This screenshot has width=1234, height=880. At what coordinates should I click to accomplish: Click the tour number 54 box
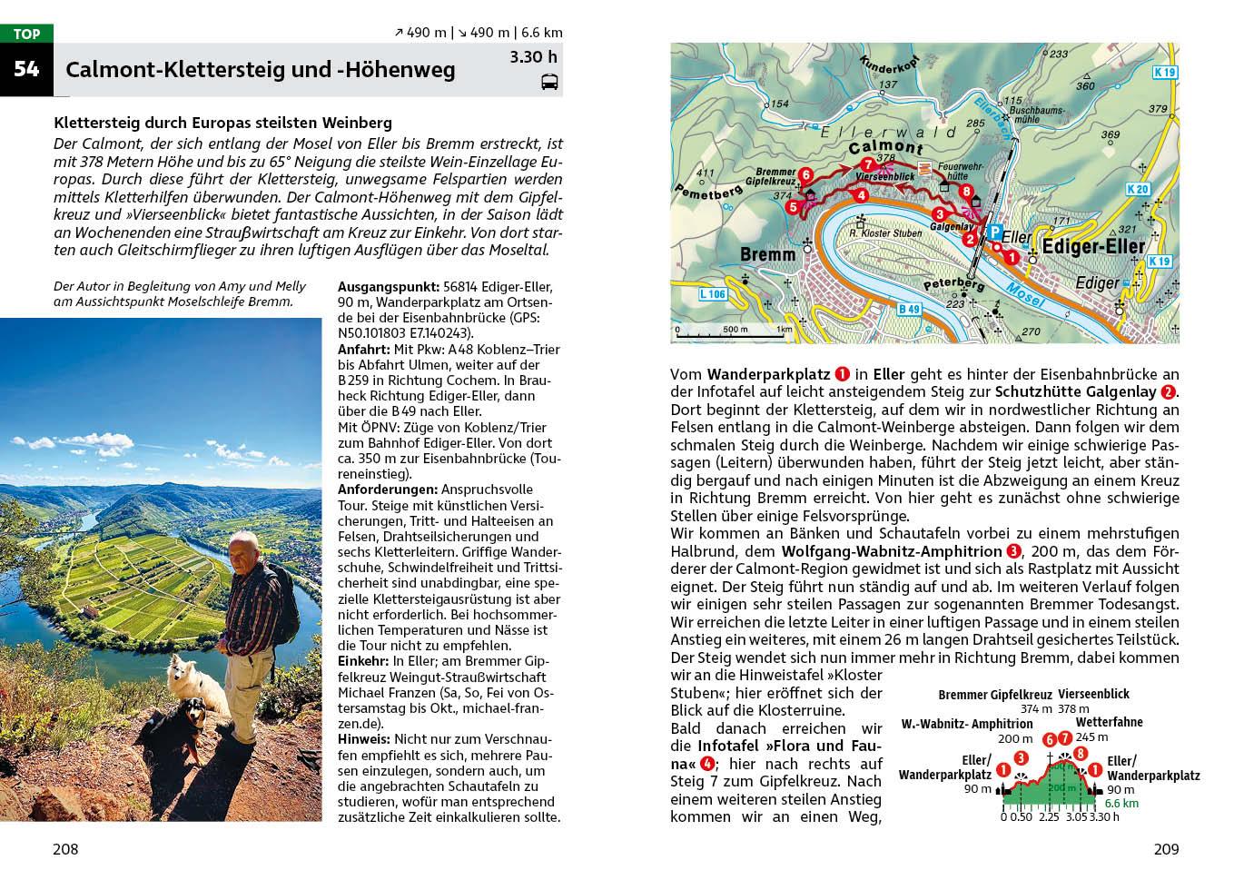(26, 69)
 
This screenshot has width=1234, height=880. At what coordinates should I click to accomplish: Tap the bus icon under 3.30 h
(549, 83)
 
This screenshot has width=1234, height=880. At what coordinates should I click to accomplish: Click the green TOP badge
(26, 35)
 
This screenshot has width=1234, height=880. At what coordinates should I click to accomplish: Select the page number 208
(65, 850)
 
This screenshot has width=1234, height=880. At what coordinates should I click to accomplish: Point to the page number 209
(1166, 850)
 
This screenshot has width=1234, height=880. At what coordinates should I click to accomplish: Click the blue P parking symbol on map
(994, 232)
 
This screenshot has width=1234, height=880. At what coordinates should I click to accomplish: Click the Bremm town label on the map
(767, 255)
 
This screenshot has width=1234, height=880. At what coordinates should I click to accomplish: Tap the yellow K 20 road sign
(1137, 190)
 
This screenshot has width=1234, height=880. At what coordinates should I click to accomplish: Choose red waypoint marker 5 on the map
(793, 208)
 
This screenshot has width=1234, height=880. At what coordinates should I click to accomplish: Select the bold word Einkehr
(363, 660)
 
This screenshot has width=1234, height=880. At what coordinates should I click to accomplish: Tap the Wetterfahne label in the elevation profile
(1109, 723)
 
